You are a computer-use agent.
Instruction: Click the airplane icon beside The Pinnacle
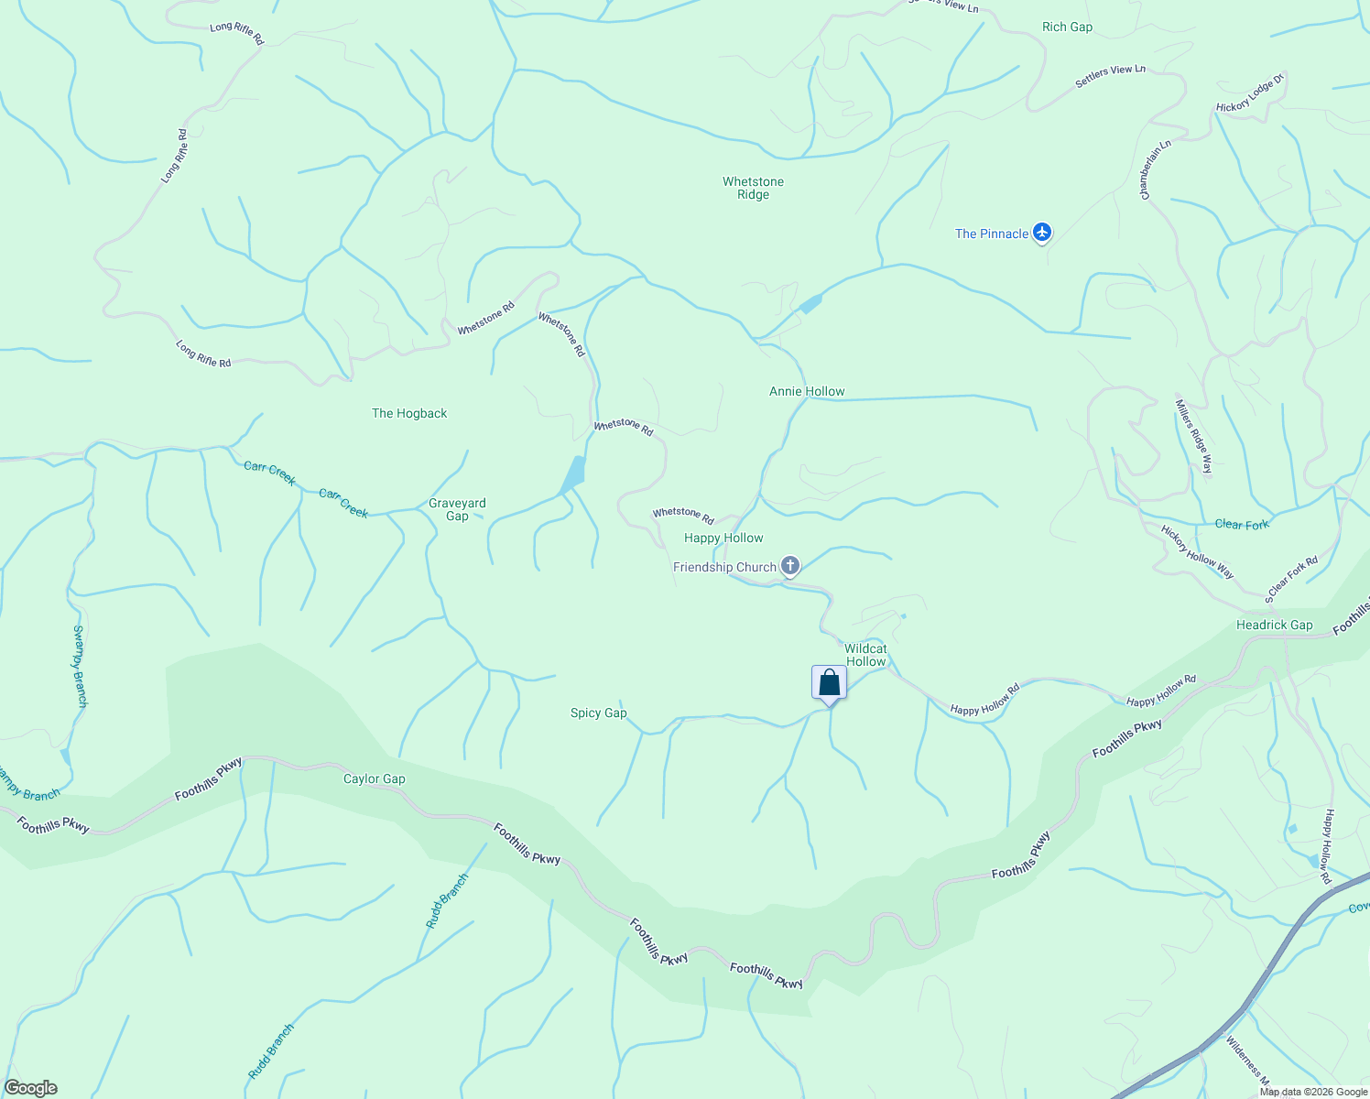click(1041, 233)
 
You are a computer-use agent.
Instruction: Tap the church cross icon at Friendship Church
click(790, 567)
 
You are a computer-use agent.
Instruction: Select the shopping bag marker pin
click(829, 683)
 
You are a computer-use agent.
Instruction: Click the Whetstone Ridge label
click(753, 188)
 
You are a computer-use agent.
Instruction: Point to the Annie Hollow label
click(807, 391)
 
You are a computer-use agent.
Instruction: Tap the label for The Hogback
click(409, 413)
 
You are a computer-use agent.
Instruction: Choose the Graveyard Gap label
click(457, 509)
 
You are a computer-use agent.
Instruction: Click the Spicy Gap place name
click(598, 713)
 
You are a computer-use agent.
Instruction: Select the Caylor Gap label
click(374, 778)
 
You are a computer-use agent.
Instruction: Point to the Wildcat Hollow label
click(865, 655)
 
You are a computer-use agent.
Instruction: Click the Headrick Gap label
click(1274, 625)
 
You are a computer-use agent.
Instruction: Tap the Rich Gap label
click(1067, 27)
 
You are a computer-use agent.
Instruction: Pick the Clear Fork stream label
click(1242, 525)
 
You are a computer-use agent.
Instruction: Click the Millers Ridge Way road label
click(1194, 436)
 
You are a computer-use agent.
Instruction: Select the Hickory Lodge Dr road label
click(1250, 93)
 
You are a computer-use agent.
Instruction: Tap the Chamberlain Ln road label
click(1156, 169)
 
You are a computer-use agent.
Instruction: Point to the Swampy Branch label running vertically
click(80, 666)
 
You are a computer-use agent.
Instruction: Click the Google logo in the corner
click(30, 1088)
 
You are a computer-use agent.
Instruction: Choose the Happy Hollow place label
click(723, 538)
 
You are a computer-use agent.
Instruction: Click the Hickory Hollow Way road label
click(1197, 550)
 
